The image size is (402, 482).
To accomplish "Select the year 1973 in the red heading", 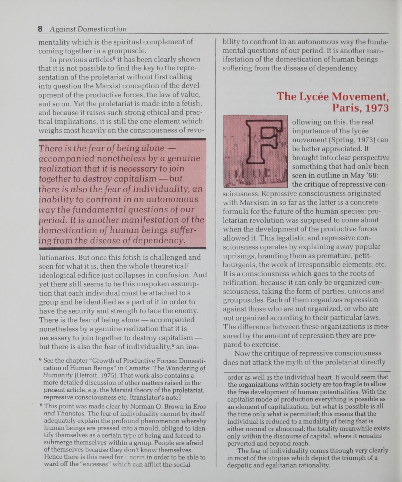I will [377, 108].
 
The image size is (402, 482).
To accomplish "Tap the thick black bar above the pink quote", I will [122, 139].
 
